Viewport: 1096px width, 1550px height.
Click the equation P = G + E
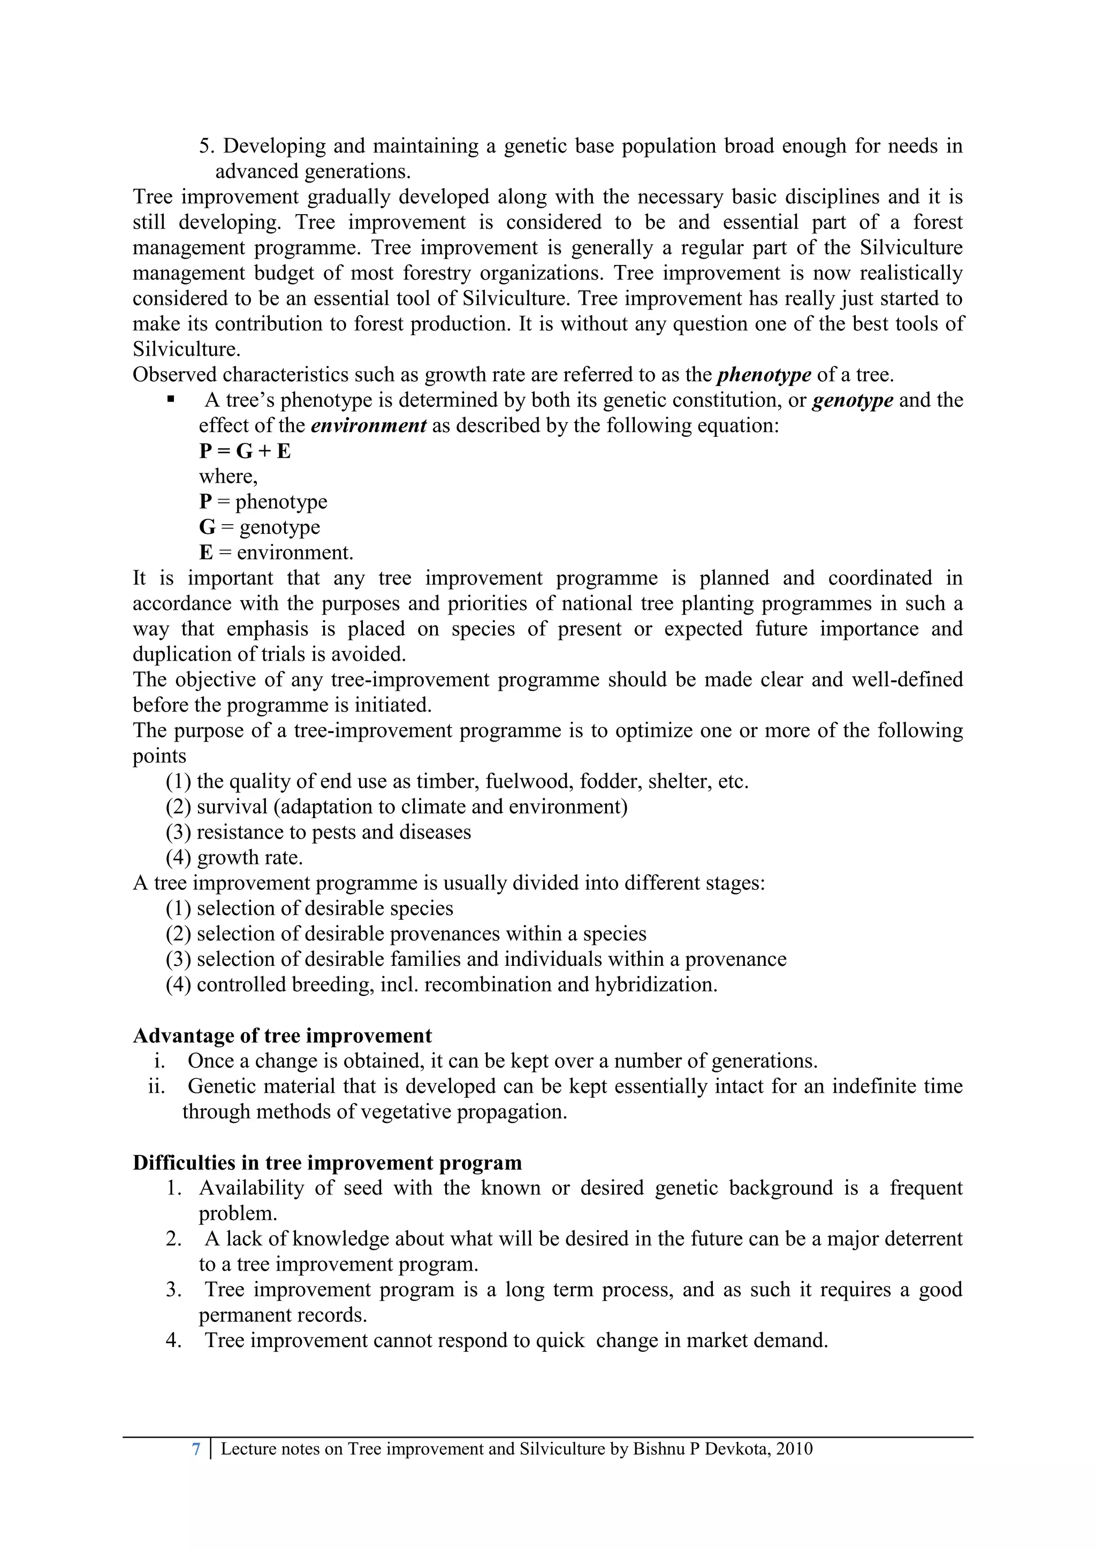(x=245, y=451)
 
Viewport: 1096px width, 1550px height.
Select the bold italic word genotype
(x=853, y=400)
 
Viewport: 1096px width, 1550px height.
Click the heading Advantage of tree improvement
(x=282, y=1035)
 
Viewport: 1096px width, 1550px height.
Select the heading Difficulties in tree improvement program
(x=328, y=1162)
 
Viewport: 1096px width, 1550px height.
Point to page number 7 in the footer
(x=196, y=1449)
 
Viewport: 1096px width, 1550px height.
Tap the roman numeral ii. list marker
(x=157, y=1087)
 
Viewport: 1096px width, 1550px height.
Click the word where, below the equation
(x=228, y=477)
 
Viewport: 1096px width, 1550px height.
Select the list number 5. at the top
(x=207, y=146)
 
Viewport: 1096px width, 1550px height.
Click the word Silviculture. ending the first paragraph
(x=186, y=350)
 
